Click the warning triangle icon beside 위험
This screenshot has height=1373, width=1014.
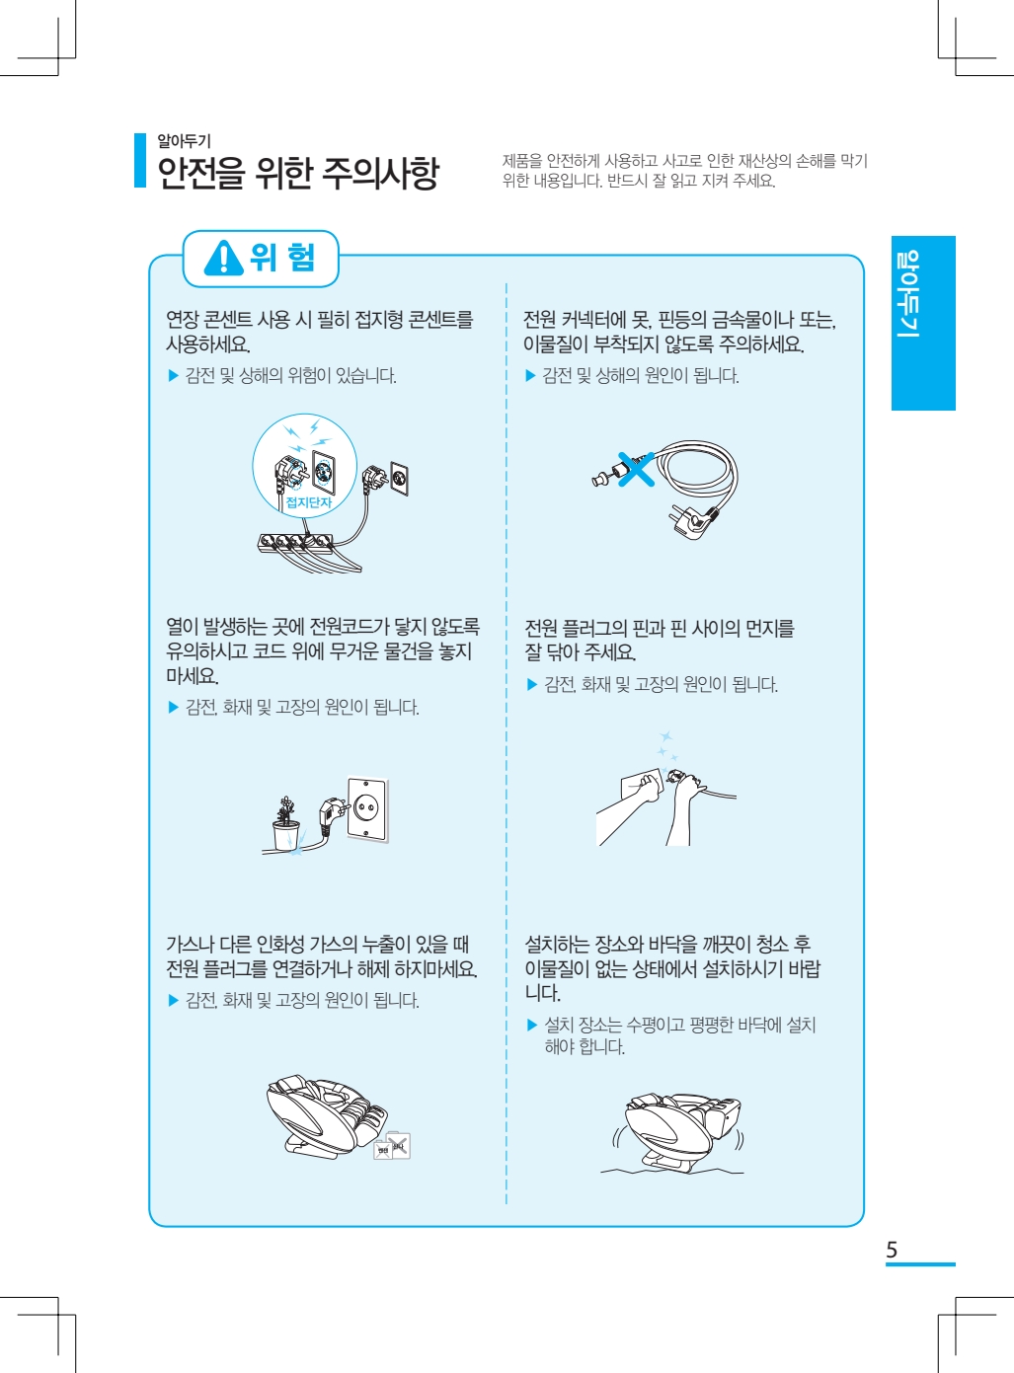coord(223,259)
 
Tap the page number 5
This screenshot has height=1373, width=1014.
coord(892,1250)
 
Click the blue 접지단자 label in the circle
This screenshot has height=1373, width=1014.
coord(308,502)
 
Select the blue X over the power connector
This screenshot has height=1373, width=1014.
coord(636,469)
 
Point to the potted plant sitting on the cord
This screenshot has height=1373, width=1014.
coord(285,822)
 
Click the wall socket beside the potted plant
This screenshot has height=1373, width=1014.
coord(367,809)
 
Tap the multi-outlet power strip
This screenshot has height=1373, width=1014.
coord(296,543)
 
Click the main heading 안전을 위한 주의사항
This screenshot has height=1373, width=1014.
coord(298,173)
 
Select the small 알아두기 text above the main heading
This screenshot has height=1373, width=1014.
coord(184,141)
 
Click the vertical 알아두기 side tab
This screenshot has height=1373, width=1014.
coord(923,323)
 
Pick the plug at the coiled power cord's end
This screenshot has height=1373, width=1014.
coord(692,520)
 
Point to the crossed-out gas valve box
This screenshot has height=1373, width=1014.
coord(393,1146)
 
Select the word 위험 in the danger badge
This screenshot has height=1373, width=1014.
coord(282,258)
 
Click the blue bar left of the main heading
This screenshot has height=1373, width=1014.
coord(140,160)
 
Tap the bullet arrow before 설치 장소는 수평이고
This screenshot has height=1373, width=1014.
coord(531,1026)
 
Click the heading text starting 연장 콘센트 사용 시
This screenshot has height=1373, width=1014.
coord(320,332)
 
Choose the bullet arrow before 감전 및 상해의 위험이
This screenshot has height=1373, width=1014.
coord(174,376)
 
